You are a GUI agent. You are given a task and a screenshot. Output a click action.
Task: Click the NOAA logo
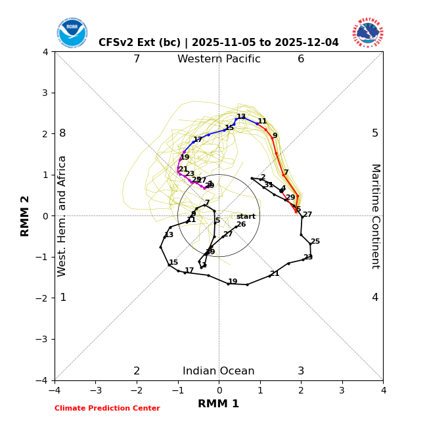pos(72,33)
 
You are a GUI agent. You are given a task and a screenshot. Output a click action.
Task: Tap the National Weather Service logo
pos(368,33)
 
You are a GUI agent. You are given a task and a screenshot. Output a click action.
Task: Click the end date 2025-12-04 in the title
pos(309,43)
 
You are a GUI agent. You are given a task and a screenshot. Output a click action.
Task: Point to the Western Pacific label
pos(219,59)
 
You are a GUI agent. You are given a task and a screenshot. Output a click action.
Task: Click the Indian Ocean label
pos(219,371)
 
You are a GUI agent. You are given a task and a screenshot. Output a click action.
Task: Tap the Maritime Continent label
pos(375,215)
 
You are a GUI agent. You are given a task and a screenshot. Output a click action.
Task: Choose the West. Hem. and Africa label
pos(62,215)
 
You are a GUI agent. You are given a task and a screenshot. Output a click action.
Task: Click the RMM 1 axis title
pos(219,404)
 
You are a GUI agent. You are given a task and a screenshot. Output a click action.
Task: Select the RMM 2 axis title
pos(26,215)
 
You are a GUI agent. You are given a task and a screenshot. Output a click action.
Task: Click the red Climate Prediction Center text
pos(107,409)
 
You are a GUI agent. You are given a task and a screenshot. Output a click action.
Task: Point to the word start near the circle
pos(246,217)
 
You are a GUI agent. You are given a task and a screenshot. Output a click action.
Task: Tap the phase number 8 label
pos(62,133)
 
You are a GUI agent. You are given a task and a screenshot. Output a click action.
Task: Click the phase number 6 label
pos(301,59)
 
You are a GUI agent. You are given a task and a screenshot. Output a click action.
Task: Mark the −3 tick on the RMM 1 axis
pos(95,390)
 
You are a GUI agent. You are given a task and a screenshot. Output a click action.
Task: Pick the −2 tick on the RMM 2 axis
pos(43,298)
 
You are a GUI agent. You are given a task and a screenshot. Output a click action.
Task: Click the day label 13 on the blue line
pos(241,117)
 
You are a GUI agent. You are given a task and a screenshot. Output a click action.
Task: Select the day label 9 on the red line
pos(275,136)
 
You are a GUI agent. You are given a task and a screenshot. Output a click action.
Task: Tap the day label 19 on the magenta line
pos(185,158)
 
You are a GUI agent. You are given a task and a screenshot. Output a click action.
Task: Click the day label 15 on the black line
pos(173,263)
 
